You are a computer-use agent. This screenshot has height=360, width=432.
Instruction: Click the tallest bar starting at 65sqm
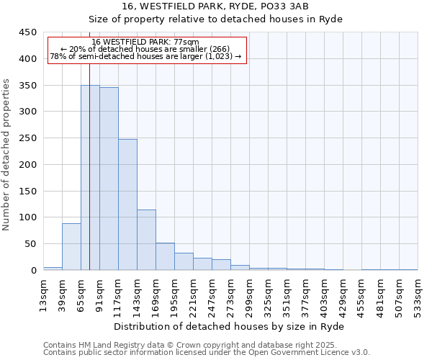[90, 178]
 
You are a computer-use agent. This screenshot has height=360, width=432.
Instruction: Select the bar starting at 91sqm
[109, 179]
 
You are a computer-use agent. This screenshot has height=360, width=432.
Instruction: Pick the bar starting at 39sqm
[71, 247]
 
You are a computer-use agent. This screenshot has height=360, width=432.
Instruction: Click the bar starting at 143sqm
[146, 240]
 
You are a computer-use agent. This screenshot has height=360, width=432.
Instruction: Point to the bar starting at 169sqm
[165, 256]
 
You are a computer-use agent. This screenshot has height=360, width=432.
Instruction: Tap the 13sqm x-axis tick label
[43, 294]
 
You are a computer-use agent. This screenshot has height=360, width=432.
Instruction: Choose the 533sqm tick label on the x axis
[418, 294]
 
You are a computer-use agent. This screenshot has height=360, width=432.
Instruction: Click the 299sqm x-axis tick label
[249, 294]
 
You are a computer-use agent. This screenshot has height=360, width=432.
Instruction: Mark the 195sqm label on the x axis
[174, 294]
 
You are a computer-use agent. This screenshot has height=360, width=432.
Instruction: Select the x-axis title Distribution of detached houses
[230, 326]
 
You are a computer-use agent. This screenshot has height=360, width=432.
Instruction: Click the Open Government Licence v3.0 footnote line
[207, 353]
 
